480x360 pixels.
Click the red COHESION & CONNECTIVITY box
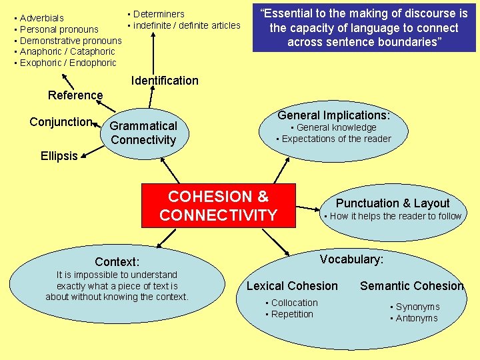tap(218, 205)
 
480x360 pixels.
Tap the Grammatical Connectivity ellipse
tap(143, 133)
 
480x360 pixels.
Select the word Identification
tap(165, 81)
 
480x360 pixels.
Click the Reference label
tap(75, 95)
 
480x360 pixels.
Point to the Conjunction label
tap(61, 122)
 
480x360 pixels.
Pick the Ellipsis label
tap(59, 156)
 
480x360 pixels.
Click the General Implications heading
tap(333, 115)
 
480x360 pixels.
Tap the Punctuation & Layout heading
tap(393, 203)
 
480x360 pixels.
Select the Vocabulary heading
tap(351, 259)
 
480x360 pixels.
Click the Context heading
tap(117, 262)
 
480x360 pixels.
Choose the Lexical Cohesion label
tap(292, 286)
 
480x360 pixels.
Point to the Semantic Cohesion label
tap(411, 286)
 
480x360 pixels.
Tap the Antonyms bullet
tap(416, 318)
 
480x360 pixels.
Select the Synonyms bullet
tap(417, 307)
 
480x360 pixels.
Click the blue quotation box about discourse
tap(364, 27)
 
